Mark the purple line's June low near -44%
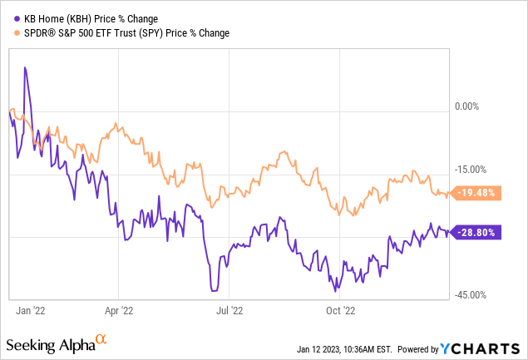pos(214,290)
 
